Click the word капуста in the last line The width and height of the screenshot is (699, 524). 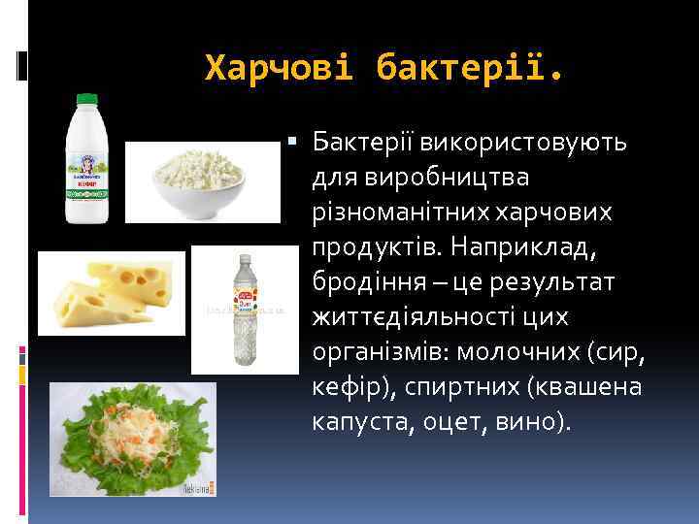click(x=359, y=422)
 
